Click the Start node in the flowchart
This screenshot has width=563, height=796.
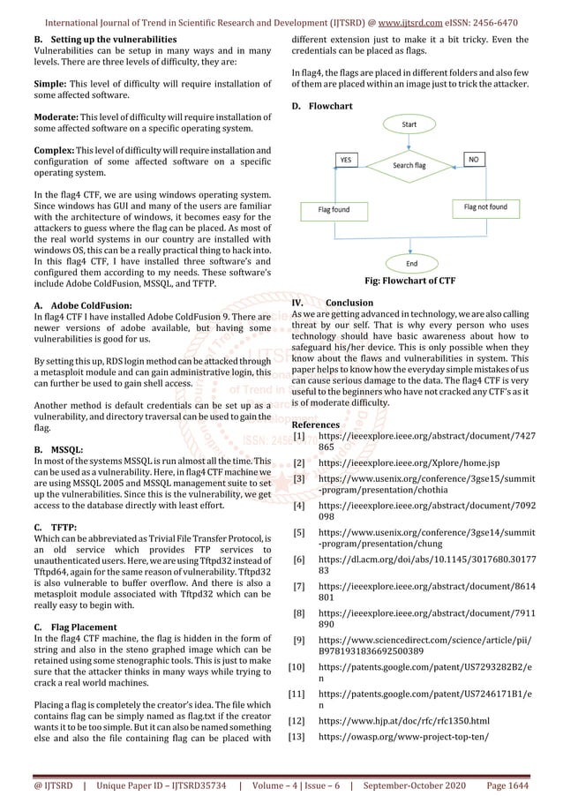click(409, 125)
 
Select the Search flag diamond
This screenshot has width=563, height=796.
click(409, 165)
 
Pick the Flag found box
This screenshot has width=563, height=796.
click(327, 209)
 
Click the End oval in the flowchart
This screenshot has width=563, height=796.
click(410, 263)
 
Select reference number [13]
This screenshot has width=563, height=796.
click(298, 735)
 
